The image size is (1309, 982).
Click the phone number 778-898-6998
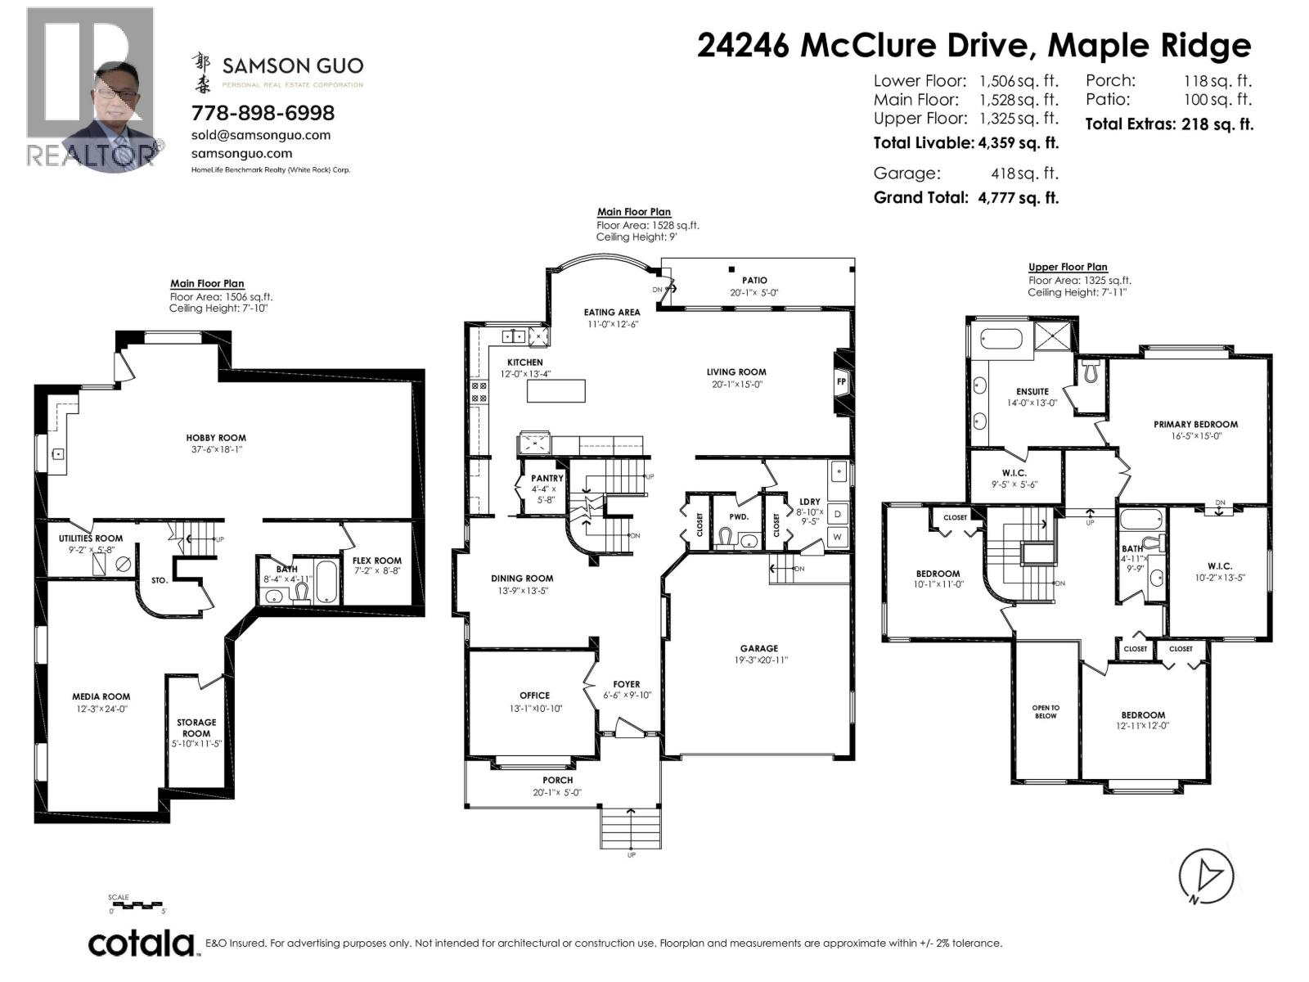[263, 113]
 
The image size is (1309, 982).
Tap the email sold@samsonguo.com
[261, 135]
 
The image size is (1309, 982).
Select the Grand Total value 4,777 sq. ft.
[1018, 198]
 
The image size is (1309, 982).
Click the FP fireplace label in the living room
[842, 381]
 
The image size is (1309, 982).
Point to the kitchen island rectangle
[556, 391]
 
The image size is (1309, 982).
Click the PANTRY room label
[547, 478]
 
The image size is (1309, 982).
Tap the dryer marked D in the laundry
[837, 514]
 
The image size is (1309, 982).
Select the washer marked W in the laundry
[837, 537]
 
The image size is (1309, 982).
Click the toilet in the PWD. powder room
[725, 538]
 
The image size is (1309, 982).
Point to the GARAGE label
[759, 648]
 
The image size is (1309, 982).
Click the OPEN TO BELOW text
[1046, 711]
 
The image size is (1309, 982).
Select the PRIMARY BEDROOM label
[1196, 425]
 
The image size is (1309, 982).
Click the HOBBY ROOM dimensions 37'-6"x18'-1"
[217, 449]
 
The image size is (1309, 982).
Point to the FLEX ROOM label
[377, 561]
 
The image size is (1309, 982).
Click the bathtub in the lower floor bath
[326, 580]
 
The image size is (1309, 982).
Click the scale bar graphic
[137, 904]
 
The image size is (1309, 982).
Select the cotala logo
[142, 944]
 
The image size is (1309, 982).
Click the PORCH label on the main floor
[558, 780]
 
